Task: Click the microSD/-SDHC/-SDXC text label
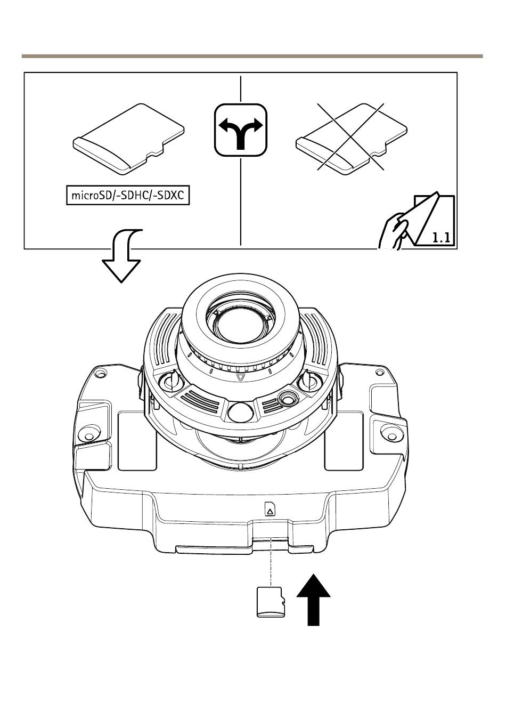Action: tap(127, 196)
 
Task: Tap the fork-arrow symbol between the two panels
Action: tap(241, 130)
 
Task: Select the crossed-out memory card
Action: tap(352, 138)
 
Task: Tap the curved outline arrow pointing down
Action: tap(124, 256)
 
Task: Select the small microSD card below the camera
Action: tap(270, 602)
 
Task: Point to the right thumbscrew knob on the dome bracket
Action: tap(307, 380)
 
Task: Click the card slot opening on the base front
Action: tap(271, 540)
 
